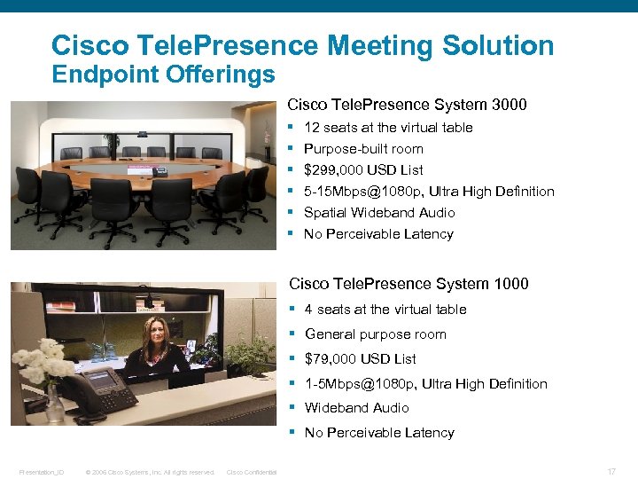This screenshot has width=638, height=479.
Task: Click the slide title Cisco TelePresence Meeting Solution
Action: [302, 45]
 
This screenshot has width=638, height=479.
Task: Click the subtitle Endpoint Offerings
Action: [163, 75]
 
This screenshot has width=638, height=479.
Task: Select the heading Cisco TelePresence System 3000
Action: [407, 105]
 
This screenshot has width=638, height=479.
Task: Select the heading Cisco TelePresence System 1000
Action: [408, 284]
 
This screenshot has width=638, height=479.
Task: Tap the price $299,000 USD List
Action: [363, 169]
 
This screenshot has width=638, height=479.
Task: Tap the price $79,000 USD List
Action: [360, 358]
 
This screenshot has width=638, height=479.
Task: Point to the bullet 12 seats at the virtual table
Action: [388, 128]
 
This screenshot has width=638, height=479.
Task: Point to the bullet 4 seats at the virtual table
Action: [385, 309]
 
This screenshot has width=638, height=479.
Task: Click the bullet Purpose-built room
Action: [363, 149]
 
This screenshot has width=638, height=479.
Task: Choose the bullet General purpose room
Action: [376, 334]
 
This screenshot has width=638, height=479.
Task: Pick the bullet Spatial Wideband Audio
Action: [379, 212]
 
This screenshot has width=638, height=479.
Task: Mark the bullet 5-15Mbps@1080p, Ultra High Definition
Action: [429, 191]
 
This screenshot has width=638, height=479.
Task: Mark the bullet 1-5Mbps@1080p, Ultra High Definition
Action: [426, 383]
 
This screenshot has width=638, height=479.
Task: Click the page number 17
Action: [611, 471]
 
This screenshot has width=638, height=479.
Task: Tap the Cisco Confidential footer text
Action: [252, 472]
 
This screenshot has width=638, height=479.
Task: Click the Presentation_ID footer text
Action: [42, 472]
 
